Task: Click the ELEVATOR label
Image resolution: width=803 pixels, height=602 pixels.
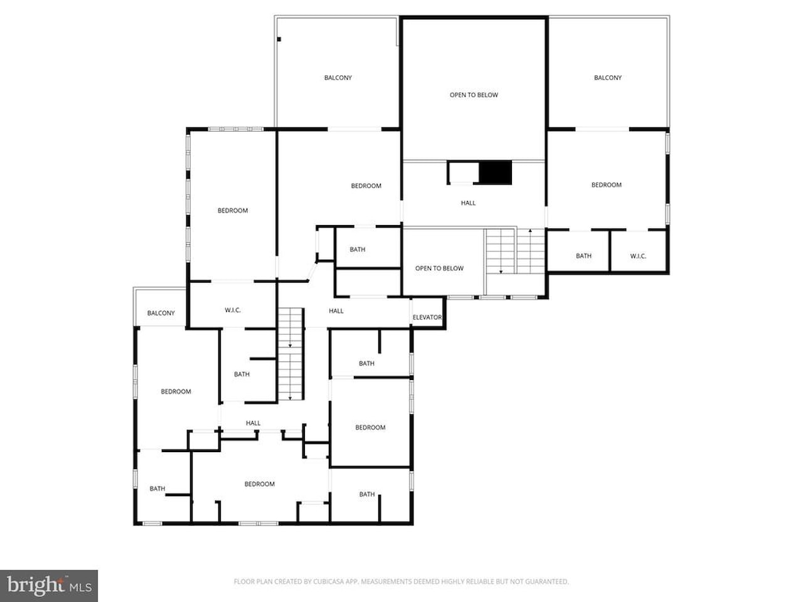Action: tap(427, 317)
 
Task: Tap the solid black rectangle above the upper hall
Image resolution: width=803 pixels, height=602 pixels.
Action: tap(496, 172)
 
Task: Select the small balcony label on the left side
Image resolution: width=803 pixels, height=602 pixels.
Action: tap(161, 313)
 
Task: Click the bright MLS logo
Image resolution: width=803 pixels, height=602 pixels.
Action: tap(49, 586)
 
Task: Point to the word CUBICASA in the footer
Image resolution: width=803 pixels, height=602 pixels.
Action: tap(327, 581)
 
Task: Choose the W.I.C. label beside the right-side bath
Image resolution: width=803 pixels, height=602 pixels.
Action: tap(638, 256)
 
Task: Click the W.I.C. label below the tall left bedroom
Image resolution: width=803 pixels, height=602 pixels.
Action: tap(233, 310)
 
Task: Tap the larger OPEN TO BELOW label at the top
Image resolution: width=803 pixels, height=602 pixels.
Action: tap(474, 95)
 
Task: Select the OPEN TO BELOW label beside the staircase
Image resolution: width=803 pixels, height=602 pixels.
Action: tap(439, 268)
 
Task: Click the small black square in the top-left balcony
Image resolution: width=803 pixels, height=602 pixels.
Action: tap(279, 39)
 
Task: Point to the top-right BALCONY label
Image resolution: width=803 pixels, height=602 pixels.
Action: tap(608, 78)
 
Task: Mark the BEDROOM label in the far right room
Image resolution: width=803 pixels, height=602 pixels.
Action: tap(607, 185)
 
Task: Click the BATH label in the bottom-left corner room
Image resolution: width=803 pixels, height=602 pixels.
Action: tap(157, 488)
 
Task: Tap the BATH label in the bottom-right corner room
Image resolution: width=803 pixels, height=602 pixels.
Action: tap(367, 494)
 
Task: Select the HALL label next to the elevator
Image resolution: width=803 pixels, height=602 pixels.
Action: tap(336, 310)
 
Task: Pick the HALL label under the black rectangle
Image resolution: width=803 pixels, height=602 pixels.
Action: tap(468, 203)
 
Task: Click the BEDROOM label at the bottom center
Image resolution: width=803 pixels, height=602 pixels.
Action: tap(259, 484)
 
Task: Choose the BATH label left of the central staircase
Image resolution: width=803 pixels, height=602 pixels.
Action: tap(242, 374)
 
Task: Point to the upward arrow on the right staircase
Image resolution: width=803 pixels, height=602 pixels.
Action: tap(530, 251)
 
